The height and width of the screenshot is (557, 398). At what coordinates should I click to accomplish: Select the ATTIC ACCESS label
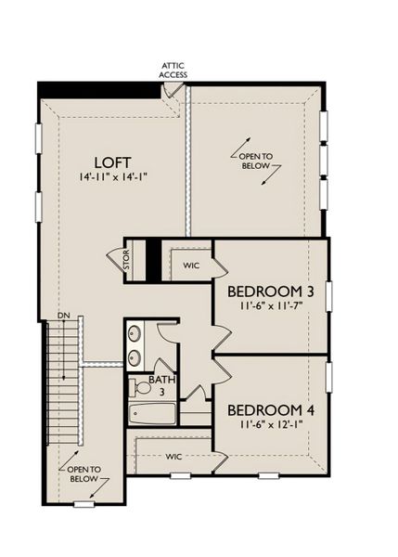[x=173, y=71]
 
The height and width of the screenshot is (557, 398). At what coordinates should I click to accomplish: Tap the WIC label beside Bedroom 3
[x=191, y=266]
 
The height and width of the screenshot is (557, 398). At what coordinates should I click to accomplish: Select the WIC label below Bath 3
[x=173, y=457]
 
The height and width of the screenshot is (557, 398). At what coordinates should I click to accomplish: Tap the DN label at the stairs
[x=64, y=317]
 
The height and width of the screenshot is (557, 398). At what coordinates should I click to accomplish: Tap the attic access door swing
[x=173, y=91]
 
